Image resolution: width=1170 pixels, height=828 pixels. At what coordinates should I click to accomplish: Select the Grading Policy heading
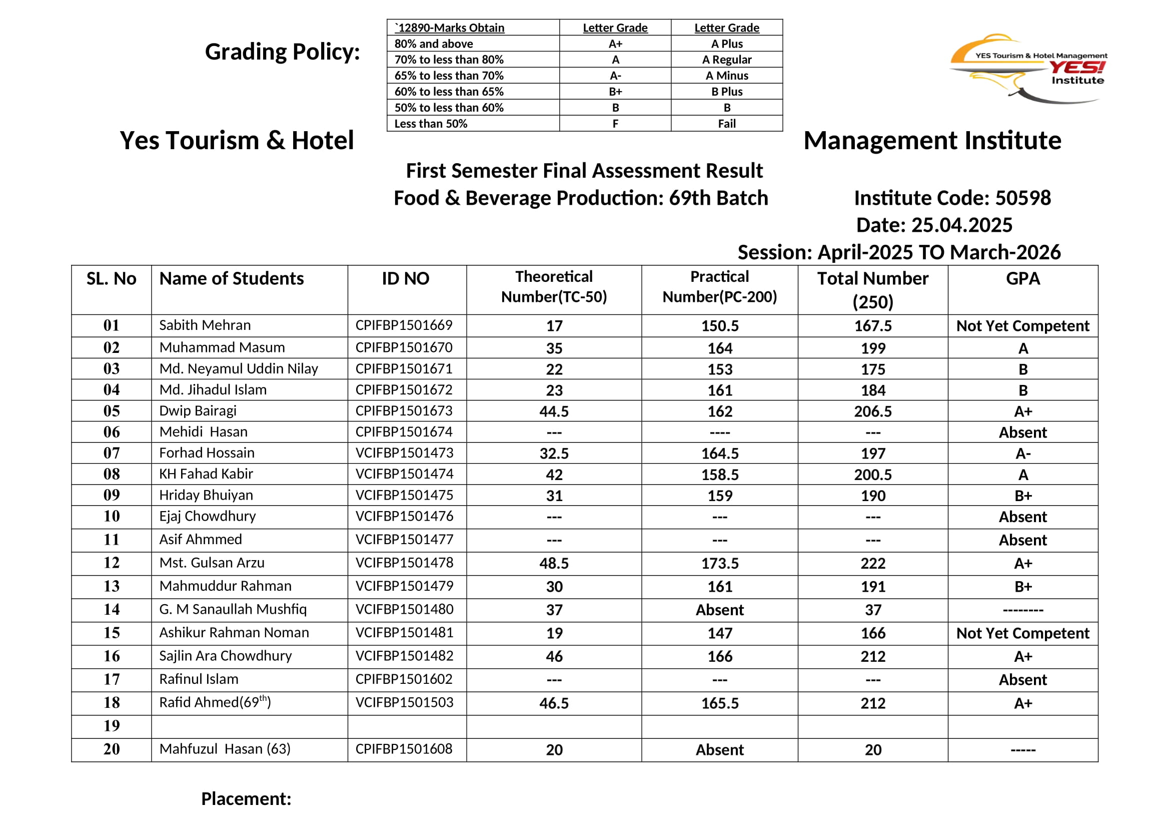[282, 52]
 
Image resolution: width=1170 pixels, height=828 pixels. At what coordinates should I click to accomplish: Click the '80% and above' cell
[434, 44]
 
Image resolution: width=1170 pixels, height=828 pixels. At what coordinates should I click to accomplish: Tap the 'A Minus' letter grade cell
[727, 76]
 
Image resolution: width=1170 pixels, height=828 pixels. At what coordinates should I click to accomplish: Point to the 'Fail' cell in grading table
[727, 123]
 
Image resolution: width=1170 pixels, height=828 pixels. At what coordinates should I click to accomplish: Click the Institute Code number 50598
[1023, 198]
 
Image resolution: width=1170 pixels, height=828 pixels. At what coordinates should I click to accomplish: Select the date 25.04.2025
[961, 225]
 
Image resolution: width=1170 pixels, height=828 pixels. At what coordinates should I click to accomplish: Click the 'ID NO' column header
[406, 278]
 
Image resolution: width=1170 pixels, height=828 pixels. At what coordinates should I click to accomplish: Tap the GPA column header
[1023, 278]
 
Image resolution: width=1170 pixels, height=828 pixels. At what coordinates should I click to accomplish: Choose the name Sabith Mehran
[205, 325]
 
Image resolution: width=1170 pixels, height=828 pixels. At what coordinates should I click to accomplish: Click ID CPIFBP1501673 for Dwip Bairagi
[404, 411]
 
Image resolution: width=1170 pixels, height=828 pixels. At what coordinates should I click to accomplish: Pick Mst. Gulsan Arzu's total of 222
[873, 563]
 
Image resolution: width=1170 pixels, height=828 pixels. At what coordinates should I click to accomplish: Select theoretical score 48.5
[554, 563]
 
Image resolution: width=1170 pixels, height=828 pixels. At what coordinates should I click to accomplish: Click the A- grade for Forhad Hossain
[1023, 454]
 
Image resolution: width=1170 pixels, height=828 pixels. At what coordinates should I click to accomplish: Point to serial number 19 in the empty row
[112, 726]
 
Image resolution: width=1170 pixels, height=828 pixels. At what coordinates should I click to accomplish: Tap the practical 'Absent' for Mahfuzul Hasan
[719, 750]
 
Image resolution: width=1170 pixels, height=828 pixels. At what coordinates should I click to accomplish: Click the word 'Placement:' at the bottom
[246, 799]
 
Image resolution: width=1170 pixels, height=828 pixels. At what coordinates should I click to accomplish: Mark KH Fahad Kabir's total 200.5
[873, 475]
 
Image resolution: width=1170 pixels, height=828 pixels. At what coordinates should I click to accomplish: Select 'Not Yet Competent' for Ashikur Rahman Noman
[1023, 633]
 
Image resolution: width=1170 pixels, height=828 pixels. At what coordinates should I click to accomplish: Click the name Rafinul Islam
[199, 679]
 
